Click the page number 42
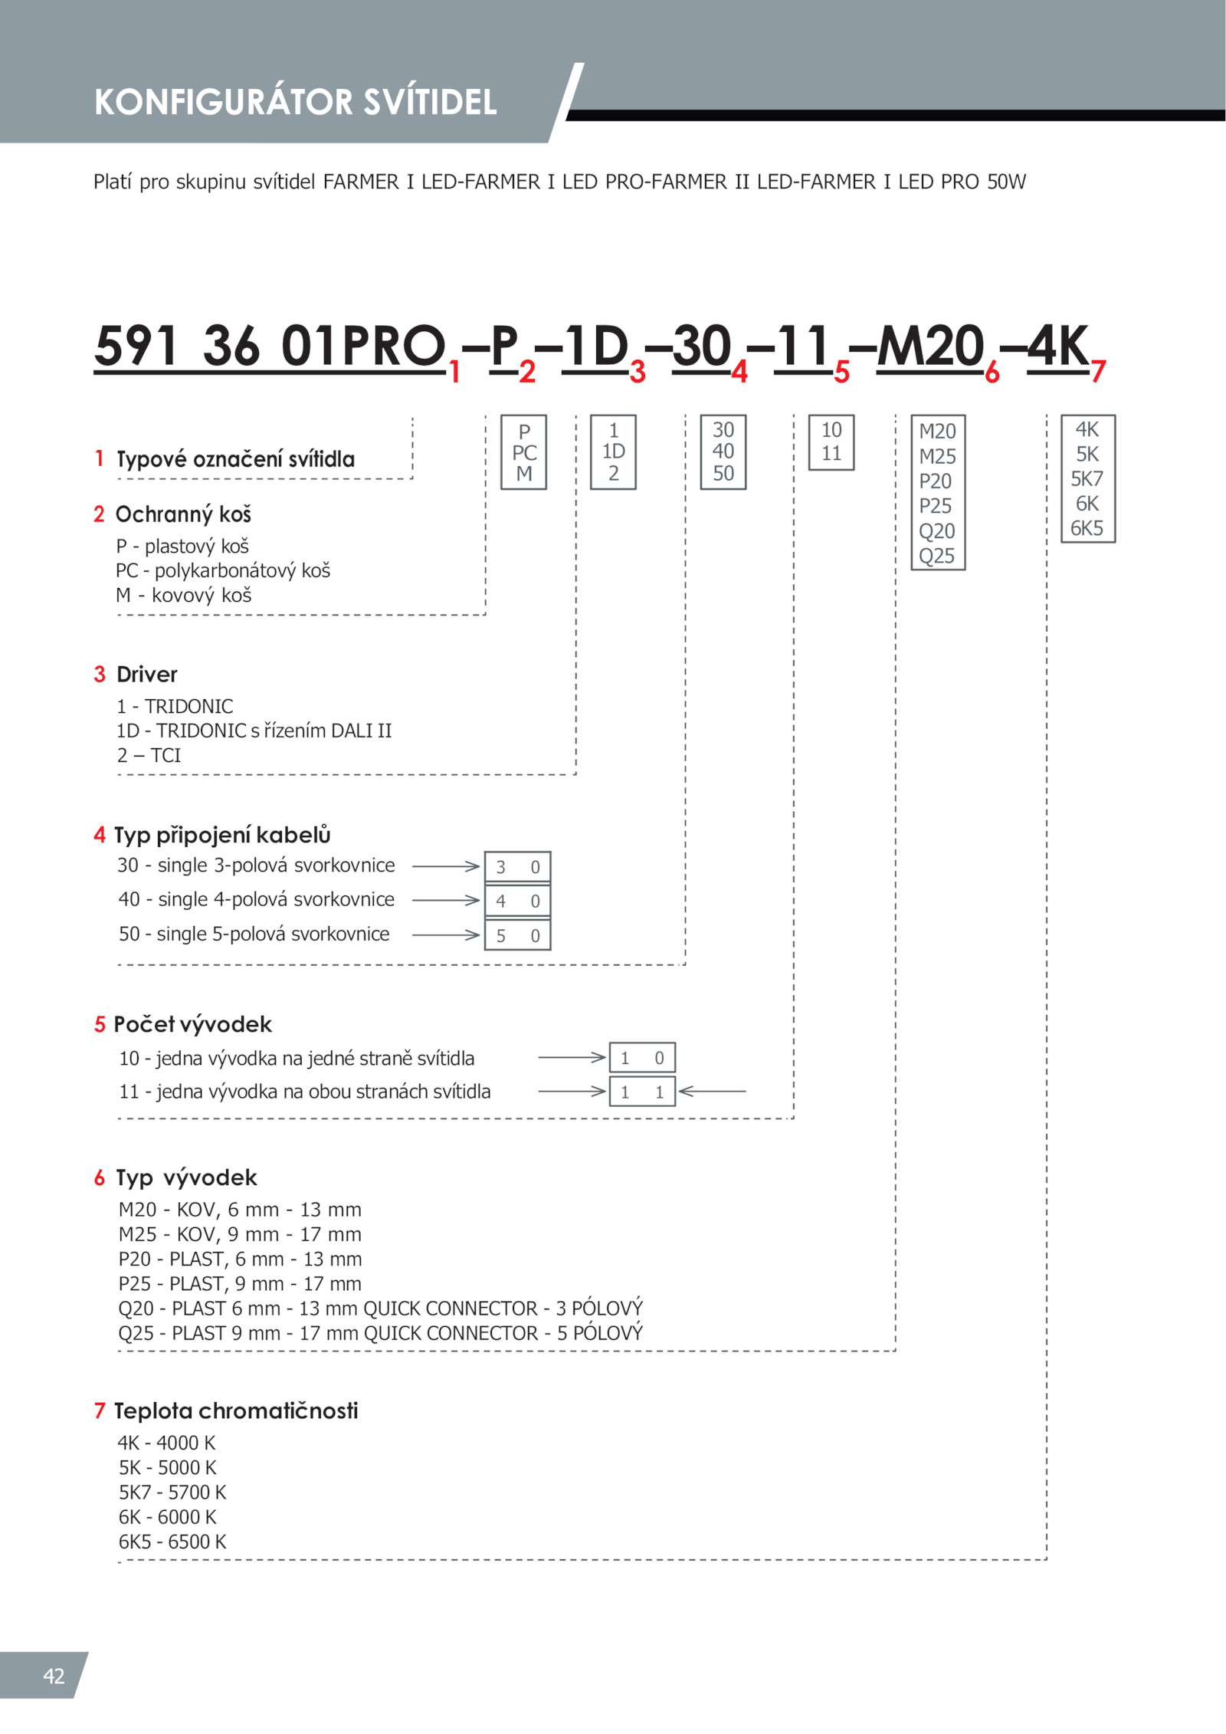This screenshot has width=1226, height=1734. [54, 1676]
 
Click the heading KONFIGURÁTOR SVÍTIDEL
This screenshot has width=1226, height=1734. [295, 102]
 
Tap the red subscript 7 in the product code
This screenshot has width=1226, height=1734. [1098, 372]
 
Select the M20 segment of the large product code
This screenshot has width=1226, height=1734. [929, 346]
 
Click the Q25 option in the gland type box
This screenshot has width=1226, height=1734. [936, 556]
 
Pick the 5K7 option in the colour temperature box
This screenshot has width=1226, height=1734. [1087, 479]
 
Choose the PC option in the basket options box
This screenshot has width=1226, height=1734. [524, 452]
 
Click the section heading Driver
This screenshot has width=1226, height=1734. [146, 675]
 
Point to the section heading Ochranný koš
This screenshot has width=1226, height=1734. [183, 514]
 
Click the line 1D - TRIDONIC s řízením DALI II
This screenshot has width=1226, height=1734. [254, 731]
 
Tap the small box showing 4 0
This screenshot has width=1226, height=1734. [517, 901]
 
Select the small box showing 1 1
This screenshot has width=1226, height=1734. [642, 1092]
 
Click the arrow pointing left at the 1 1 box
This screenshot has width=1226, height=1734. [712, 1091]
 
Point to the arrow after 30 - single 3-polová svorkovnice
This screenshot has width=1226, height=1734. [445, 866]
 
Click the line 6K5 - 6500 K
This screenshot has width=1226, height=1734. [172, 1542]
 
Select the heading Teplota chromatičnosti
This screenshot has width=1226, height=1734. [236, 1411]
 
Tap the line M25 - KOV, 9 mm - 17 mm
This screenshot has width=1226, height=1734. [240, 1234]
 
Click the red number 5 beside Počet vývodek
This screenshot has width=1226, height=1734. [100, 1025]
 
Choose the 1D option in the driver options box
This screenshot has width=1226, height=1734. [613, 452]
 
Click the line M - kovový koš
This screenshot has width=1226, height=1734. [184, 596]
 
